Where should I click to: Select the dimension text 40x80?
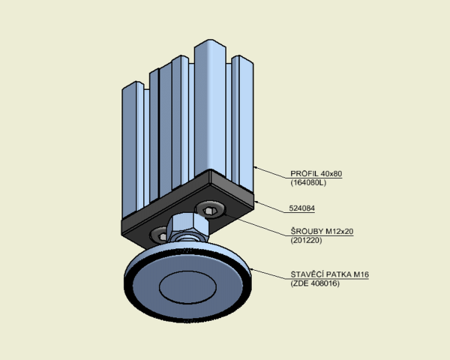331,174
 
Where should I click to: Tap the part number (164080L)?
308,182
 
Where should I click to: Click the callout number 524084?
302,208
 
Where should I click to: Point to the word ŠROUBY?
307,231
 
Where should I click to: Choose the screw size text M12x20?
340,232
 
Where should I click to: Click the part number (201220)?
306,240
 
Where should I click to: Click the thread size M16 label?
361,274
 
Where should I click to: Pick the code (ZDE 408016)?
315,283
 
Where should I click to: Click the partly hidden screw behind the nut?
159,235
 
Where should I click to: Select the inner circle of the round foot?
187,287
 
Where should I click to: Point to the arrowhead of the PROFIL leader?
256,168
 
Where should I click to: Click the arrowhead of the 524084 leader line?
256,202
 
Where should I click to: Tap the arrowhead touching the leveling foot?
252,269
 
